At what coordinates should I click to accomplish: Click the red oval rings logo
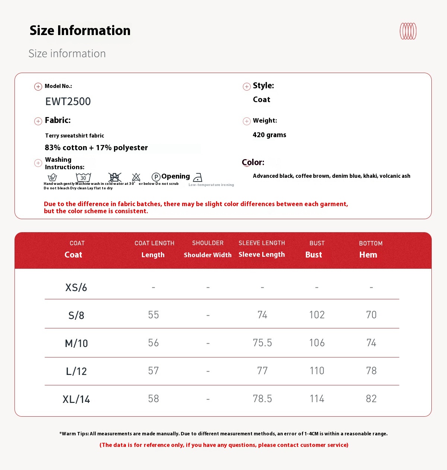[x=408, y=31]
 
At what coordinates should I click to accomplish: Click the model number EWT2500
[x=68, y=101]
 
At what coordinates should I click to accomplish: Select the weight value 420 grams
[x=269, y=135]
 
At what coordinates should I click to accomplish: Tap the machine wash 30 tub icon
[x=83, y=177]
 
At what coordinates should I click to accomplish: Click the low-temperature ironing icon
[x=198, y=177]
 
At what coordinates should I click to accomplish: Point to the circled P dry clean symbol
[x=156, y=177]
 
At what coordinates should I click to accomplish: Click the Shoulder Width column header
[x=207, y=255]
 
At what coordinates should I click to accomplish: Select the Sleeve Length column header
[x=261, y=255]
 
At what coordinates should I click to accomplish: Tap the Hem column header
[x=368, y=255]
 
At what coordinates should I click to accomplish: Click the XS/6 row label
[x=76, y=288]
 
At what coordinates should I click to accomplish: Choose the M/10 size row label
[x=76, y=343]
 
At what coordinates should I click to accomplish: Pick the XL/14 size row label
[x=76, y=400]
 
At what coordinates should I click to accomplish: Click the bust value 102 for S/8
[x=317, y=315]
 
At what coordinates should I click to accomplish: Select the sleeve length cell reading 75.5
[x=262, y=343]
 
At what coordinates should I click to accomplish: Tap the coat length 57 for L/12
[x=153, y=371]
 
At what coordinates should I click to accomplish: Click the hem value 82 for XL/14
[x=371, y=399]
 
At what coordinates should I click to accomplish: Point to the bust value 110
[x=317, y=371]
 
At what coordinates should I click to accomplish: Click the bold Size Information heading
[x=80, y=31]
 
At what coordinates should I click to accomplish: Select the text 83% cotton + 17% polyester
[x=96, y=148]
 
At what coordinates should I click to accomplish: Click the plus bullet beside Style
[x=247, y=87]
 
